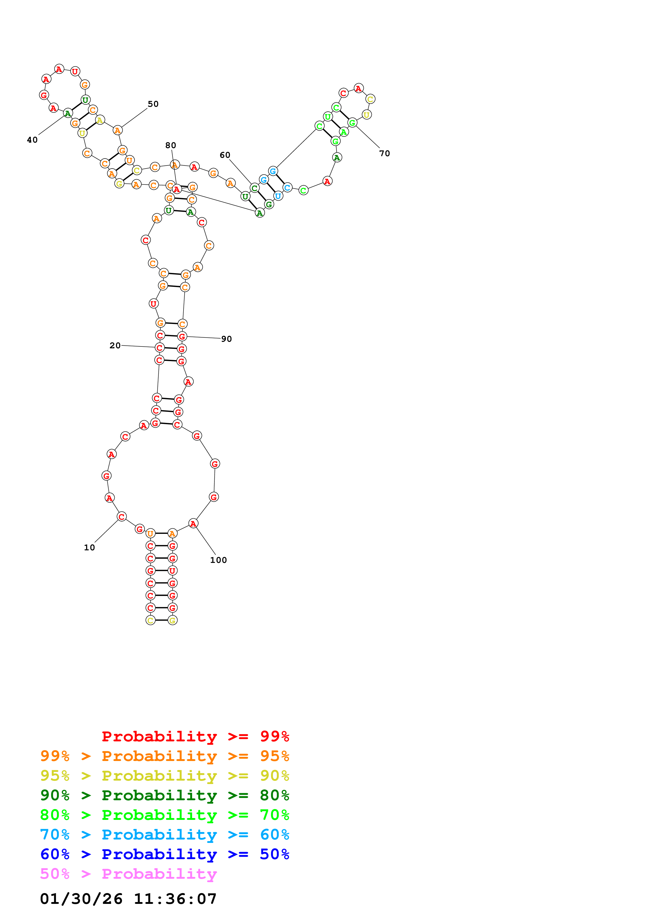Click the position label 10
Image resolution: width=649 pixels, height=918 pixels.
(x=89, y=547)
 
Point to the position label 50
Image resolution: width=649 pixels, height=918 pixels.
(x=153, y=104)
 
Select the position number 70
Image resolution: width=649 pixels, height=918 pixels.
(x=384, y=154)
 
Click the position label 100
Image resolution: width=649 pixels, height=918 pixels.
(x=218, y=560)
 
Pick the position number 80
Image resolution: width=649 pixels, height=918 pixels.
(x=171, y=145)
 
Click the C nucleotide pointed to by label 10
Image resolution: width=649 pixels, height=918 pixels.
(x=121, y=517)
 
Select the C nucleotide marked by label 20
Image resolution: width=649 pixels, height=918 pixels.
(x=159, y=348)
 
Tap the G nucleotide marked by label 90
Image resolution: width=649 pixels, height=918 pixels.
(x=182, y=336)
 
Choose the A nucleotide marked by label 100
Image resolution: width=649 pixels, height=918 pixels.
(x=193, y=523)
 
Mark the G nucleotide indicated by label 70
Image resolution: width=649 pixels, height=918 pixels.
(x=352, y=123)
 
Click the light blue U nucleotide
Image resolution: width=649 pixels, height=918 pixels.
(x=278, y=196)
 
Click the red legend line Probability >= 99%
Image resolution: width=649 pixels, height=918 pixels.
(x=195, y=736)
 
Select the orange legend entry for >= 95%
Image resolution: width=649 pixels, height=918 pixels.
(x=165, y=756)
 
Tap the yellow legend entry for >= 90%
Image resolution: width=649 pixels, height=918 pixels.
(x=165, y=776)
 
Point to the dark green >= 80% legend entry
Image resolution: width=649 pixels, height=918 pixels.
(x=165, y=795)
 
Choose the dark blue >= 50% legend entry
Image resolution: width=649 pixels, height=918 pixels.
(x=165, y=854)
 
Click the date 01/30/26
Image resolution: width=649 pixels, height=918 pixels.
(x=81, y=899)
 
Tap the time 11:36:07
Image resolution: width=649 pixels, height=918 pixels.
(x=175, y=899)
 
